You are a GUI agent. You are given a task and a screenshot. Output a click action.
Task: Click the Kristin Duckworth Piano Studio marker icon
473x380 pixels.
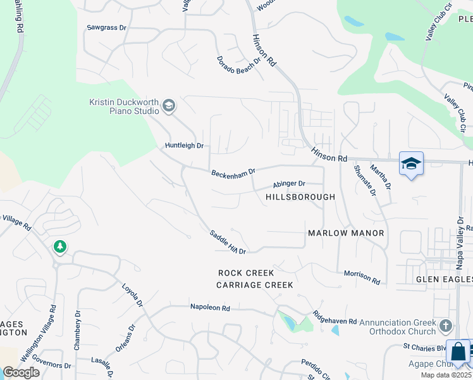tap(168, 105)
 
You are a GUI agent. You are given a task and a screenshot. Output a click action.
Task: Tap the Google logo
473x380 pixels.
tap(21, 372)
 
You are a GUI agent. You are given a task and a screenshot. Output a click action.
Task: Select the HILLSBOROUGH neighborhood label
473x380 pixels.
tap(300, 197)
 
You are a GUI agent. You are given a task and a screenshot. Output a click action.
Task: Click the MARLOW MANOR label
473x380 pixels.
tap(346, 233)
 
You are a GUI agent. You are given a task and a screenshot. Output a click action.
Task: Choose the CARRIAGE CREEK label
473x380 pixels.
tap(255, 285)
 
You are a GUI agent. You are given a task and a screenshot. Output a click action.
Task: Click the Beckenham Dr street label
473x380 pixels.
tap(233, 172)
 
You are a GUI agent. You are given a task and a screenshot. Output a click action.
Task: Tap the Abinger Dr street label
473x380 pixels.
tap(289, 184)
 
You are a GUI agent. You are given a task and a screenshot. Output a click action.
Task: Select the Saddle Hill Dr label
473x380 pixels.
tap(228, 243)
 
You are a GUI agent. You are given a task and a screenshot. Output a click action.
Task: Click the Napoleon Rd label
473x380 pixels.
tap(210, 307)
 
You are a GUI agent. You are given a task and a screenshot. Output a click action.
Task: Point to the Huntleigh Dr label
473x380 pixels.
tap(184, 146)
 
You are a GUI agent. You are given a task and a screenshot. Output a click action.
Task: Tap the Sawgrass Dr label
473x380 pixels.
tap(107, 28)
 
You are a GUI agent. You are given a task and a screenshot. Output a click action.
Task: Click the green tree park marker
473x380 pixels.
tap(60, 246)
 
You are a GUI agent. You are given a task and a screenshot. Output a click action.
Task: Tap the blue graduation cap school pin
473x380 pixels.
tap(411, 164)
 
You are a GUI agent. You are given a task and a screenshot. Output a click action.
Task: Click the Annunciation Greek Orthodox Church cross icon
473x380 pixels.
tap(446, 326)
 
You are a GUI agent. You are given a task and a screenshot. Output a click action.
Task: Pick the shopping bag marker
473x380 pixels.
tap(458, 352)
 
